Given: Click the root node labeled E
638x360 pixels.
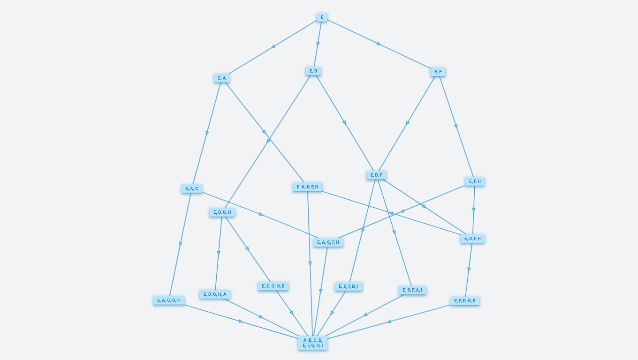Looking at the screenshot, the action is (x=322, y=17).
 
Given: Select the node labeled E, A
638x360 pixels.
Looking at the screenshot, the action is (x=222, y=78).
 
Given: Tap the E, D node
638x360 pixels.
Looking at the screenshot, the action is (x=313, y=71).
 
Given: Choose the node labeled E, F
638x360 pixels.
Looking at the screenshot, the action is (x=438, y=72).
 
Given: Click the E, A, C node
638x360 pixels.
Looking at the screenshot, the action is (x=192, y=189).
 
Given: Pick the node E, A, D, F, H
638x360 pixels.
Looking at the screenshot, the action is (x=308, y=187).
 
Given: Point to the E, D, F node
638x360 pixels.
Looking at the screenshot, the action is (x=376, y=175).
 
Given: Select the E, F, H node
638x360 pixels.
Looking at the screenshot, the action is (x=475, y=181).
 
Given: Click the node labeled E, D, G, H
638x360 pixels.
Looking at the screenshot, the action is (x=222, y=212).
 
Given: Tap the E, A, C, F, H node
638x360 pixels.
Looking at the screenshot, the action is (x=328, y=242).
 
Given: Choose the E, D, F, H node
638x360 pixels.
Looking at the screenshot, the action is (x=472, y=239).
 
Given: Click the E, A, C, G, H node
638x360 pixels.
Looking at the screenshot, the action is (x=169, y=300).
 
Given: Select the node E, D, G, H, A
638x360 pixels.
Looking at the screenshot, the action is (x=215, y=294).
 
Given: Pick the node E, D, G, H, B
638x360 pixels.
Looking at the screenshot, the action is (x=273, y=286).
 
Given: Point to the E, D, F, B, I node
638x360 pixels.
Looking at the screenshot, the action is (x=349, y=286).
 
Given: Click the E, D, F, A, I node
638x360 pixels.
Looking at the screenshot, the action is (x=412, y=290).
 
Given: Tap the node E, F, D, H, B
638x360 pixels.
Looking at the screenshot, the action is (x=465, y=301).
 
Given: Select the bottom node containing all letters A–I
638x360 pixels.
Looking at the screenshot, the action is (x=313, y=343).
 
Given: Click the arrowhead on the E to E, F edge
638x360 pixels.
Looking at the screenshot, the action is (x=379, y=44).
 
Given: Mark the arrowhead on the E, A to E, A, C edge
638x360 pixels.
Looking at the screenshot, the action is (x=207, y=133).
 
